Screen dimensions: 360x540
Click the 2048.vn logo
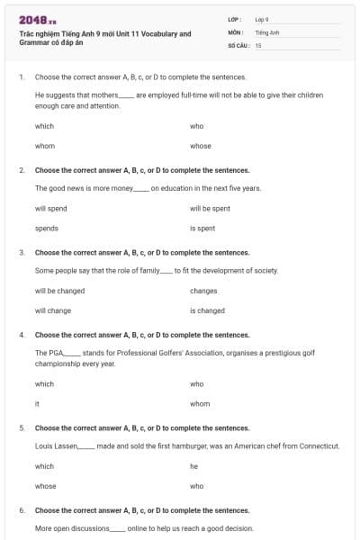[x=37, y=20]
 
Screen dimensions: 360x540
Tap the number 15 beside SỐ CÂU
[x=258, y=44]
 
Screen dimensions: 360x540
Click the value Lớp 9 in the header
[x=262, y=19]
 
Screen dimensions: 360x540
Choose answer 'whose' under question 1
[x=201, y=146]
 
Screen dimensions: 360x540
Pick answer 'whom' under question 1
[x=45, y=146]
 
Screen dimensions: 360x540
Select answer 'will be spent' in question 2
[x=210, y=208]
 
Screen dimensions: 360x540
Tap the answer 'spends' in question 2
[x=47, y=229]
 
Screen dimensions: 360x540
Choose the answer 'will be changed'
[x=59, y=291]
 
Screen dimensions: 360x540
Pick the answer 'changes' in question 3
[x=203, y=291]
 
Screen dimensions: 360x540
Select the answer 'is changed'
[x=207, y=311]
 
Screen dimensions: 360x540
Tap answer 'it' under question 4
[x=37, y=404]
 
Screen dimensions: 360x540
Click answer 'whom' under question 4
[x=200, y=404]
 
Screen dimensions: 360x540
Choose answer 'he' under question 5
[x=193, y=466]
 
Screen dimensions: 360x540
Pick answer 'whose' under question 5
[x=45, y=487]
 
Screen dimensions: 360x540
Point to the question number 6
[x=21, y=510]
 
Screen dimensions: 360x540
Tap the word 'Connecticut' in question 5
[x=319, y=445]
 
